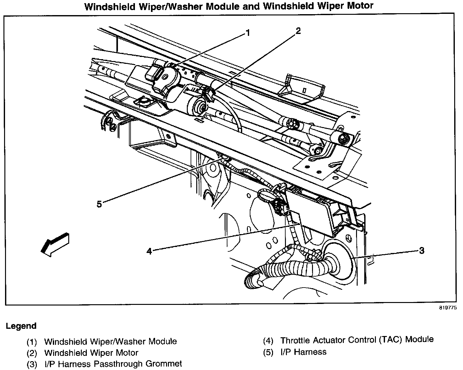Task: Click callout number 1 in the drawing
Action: pyautogui.click(x=248, y=32)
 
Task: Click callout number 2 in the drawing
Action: pyautogui.click(x=298, y=31)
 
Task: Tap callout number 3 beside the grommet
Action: pyautogui.click(x=421, y=250)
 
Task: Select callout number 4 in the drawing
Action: pyautogui.click(x=149, y=251)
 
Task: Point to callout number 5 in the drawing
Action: pyautogui.click(x=99, y=204)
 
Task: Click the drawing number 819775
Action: pyautogui.click(x=448, y=308)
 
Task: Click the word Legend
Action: pyautogui.click(x=21, y=326)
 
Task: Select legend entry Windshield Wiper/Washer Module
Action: pyautogui.click(x=110, y=341)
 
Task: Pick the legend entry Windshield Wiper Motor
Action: pyautogui.click(x=91, y=353)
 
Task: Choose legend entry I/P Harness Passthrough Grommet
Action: pyautogui.click(x=113, y=364)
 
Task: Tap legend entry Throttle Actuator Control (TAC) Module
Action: pyautogui.click(x=357, y=340)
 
